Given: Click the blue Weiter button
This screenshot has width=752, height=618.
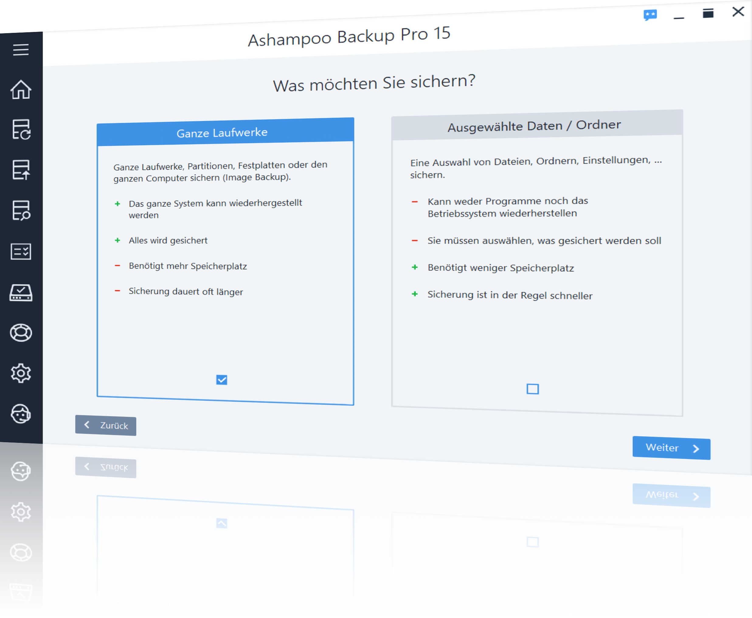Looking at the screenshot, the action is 671,448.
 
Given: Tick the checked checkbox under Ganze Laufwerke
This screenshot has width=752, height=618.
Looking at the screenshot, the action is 222,380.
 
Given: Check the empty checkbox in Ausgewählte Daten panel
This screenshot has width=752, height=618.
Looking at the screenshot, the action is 533,389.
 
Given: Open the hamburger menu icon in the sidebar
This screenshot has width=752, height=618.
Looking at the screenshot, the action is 21,50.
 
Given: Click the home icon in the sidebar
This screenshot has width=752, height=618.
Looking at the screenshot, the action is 21,89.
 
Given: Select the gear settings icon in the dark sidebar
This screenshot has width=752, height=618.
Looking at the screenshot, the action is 21,373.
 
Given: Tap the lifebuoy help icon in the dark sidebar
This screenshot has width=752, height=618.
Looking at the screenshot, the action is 21,333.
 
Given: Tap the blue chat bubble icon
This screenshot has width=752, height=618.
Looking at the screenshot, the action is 650,15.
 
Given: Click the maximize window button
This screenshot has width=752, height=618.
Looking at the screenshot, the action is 708,13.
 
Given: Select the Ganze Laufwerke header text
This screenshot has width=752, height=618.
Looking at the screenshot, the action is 222,132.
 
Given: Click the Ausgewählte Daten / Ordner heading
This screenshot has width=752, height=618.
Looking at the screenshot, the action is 534,125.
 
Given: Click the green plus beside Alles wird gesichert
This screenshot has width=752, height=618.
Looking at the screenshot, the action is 117,240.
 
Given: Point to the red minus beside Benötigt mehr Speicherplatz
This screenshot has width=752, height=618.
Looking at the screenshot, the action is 117,266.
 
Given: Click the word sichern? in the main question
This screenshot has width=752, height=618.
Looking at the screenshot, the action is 443,82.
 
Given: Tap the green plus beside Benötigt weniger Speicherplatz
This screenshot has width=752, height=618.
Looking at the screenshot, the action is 414,267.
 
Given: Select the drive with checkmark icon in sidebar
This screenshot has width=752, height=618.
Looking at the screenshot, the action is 21,293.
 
